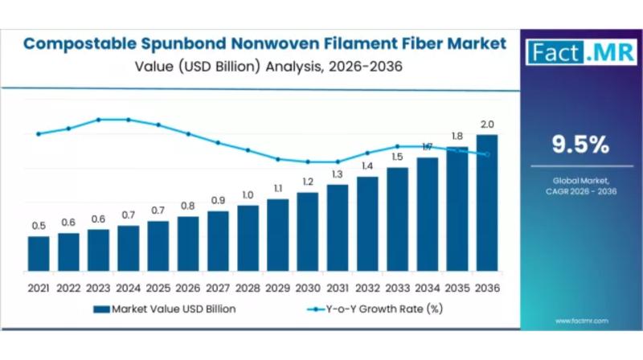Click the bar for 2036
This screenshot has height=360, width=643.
click(x=487, y=202)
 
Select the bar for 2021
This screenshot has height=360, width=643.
click(x=39, y=253)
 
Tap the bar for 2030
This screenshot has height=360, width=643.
click(x=308, y=231)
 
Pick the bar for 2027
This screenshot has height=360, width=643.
click(x=218, y=240)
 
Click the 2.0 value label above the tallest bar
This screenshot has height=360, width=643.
click(x=487, y=125)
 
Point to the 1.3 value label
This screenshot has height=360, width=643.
click(x=338, y=174)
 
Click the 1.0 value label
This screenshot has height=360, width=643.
click(x=248, y=195)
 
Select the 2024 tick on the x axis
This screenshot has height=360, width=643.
click(x=128, y=287)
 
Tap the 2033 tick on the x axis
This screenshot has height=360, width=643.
click(x=397, y=287)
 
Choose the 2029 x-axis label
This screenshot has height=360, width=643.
click(x=277, y=287)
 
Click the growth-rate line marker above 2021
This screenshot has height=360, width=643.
click(x=39, y=134)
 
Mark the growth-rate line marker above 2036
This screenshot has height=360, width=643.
click(x=487, y=154)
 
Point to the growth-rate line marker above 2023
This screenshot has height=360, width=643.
click(x=98, y=120)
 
